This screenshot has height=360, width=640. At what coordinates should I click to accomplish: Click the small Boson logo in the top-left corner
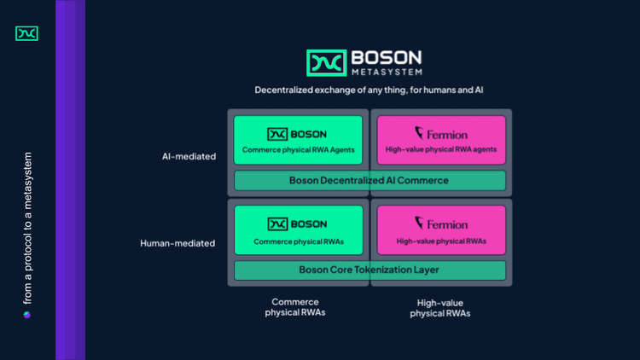26,33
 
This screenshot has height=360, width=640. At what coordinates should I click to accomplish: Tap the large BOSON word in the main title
386,57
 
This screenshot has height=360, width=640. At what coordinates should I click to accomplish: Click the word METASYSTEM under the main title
386,72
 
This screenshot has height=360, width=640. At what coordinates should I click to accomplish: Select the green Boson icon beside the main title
326,63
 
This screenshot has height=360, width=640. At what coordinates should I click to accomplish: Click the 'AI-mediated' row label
189,156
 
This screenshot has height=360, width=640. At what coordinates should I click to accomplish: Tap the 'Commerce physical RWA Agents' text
298,150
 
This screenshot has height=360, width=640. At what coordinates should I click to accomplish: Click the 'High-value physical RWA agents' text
441,150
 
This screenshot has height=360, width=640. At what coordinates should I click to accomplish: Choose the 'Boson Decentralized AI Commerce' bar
369,180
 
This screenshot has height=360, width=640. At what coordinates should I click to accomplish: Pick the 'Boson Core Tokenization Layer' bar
369,270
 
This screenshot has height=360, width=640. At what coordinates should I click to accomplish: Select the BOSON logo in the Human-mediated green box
297,224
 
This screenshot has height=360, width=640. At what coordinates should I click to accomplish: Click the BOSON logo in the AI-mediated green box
297,133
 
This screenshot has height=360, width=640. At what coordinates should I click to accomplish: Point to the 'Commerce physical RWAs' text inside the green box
298,241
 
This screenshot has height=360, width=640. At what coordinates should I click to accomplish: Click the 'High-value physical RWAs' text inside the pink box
441,241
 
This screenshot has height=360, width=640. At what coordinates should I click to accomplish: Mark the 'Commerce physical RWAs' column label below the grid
295,307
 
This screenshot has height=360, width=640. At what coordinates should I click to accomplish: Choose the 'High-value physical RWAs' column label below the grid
440,308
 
